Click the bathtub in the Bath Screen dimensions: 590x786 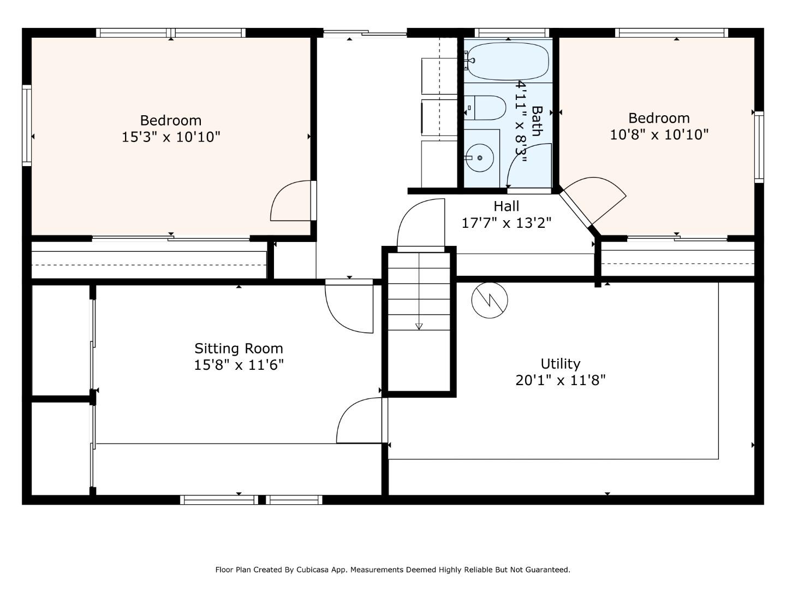pyautogui.click(x=508, y=61)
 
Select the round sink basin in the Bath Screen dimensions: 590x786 pyautogui.click(x=480, y=158)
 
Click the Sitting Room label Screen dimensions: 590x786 pyautogui.click(x=239, y=349)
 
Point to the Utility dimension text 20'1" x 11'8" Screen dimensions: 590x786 pyautogui.click(x=560, y=380)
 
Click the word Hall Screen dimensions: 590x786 pyautogui.click(x=506, y=206)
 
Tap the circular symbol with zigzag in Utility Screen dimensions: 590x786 pyautogui.click(x=490, y=300)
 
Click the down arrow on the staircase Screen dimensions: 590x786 pyautogui.click(x=419, y=326)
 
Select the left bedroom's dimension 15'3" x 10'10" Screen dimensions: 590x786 pyautogui.click(x=171, y=137)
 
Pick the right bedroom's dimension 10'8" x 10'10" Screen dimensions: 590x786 pyautogui.click(x=659, y=134)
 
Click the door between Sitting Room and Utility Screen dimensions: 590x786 pyautogui.click(x=360, y=421)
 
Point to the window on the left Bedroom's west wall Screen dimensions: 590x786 pyautogui.click(x=27, y=125)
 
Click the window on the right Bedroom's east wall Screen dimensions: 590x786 pyautogui.click(x=759, y=146)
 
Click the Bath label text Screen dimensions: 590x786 pyautogui.click(x=537, y=121)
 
